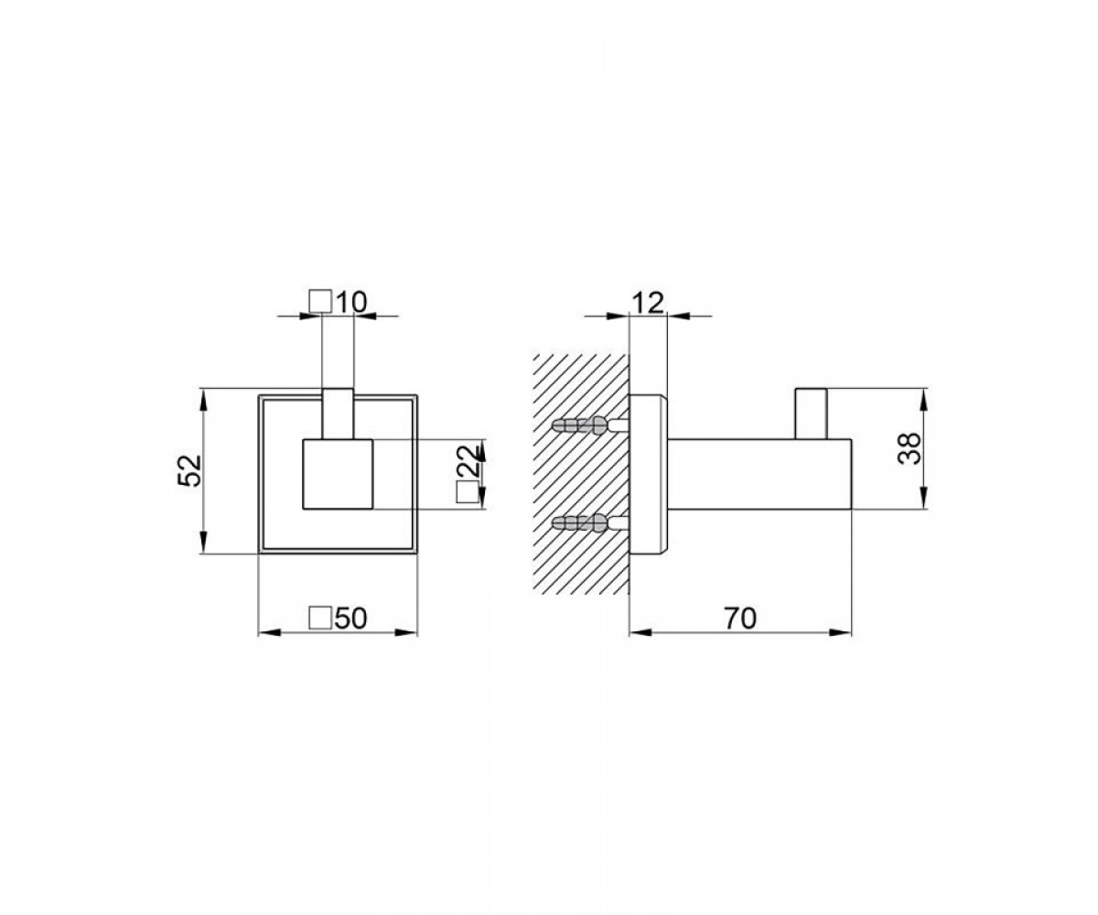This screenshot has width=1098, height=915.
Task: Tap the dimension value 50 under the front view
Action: click(350, 619)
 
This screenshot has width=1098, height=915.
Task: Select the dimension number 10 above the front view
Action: click(350, 303)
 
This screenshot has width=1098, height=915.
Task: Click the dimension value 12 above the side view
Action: click(648, 303)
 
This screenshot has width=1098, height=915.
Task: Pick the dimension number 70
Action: click(740, 619)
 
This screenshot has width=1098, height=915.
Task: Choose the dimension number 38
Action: click(910, 448)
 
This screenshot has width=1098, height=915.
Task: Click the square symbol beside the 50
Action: click(320, 619)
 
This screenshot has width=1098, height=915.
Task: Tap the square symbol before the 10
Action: click(320, 302)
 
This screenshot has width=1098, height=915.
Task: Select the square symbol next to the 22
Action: click(466, 493)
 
